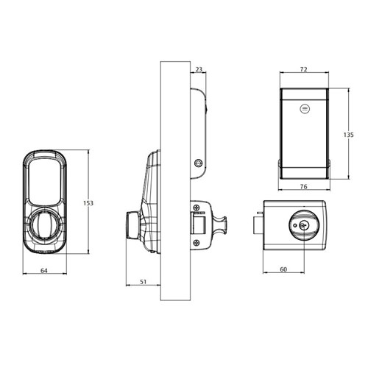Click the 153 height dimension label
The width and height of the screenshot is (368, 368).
tap(88, 203)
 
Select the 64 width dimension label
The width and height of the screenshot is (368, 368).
tap(44, 271)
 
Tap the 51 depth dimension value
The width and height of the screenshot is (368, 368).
tap(144, 282)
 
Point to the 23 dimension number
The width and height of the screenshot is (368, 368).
tap(199, 69)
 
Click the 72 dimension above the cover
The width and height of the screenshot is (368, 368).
tap(304, 69)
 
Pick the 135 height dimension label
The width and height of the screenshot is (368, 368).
tap(349, 135)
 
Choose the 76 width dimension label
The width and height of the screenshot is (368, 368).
tap(304, 187)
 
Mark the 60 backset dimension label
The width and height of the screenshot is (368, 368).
tap(283, 269)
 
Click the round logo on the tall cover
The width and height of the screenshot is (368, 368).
tap(304, 108)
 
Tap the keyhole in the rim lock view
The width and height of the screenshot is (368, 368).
tap(303, 226)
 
